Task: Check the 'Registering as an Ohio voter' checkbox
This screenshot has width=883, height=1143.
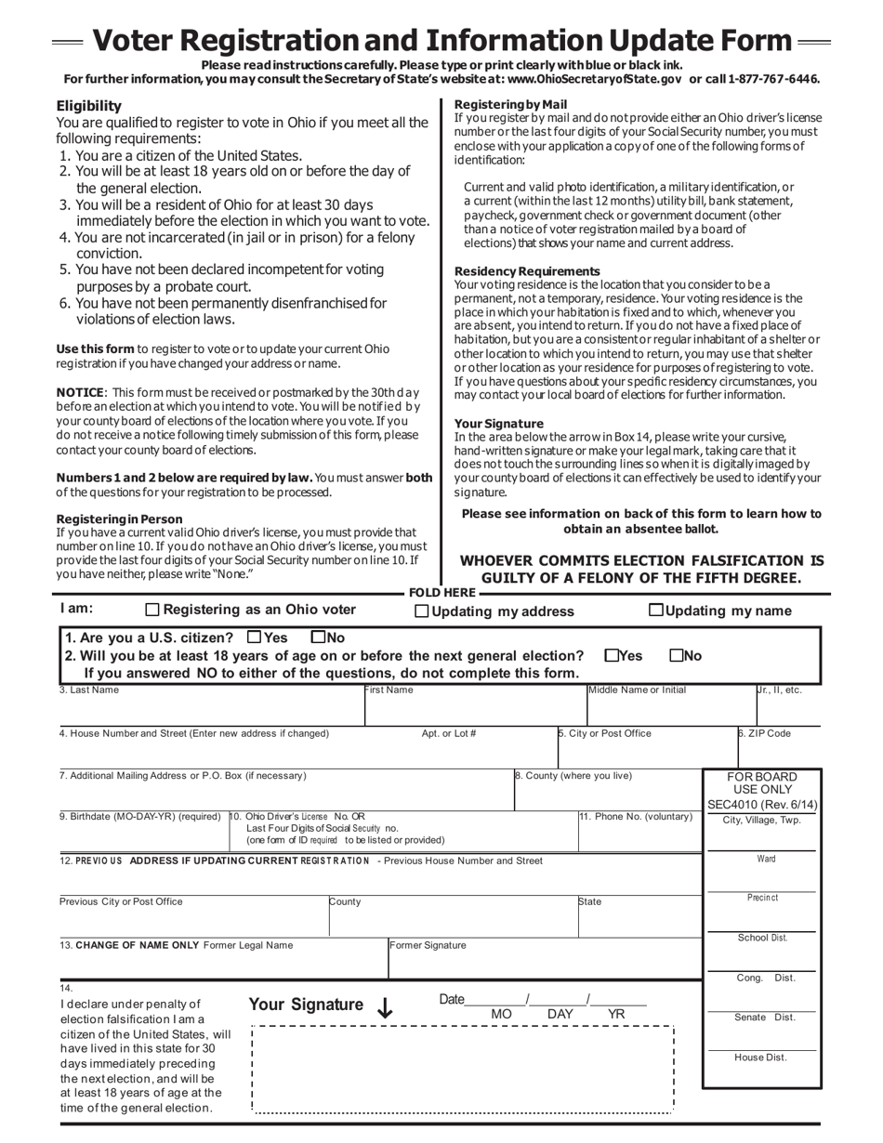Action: coord(153,611)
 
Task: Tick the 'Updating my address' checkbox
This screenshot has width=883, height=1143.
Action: coord(421,611)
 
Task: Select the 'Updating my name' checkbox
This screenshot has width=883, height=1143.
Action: coord(655,611)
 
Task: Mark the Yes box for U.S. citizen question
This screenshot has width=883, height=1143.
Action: coord(254,637)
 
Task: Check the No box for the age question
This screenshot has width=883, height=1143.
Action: coord(677,655)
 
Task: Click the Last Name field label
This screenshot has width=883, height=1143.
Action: coord(89,690)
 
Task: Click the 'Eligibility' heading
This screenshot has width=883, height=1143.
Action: coord(88,106)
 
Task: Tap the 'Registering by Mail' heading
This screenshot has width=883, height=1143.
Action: coord(510,104)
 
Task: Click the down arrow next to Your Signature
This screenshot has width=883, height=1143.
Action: coord(385,1008)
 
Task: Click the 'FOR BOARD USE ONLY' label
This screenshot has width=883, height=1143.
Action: coord(761,782)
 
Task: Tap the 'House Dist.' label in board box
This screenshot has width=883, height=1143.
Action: coord(760,1058)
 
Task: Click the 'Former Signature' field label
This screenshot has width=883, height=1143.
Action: coord(428,945)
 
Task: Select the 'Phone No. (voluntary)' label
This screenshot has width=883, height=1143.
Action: coord(636,817)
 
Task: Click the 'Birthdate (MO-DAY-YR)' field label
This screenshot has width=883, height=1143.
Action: coord(139,817)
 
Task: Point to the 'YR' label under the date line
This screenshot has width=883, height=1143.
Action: coord(615,1015)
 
